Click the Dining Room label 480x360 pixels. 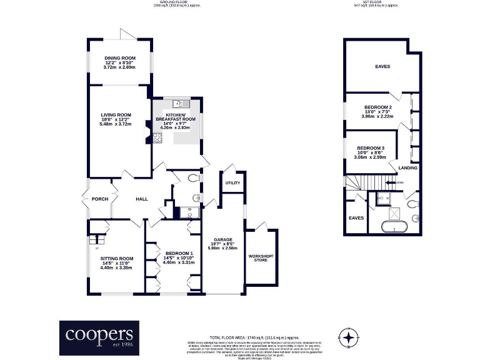pos(119,58)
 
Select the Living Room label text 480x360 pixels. pos(116,115)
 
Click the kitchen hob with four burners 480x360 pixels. pos(157,137)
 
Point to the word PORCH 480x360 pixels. pos(100,199)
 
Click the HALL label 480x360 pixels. pos(142,199)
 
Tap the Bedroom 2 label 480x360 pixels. pos(377,107)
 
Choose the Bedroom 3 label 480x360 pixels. pos(371,148)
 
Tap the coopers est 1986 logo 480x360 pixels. pos(99,337)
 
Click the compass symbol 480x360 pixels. pos(347,338)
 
